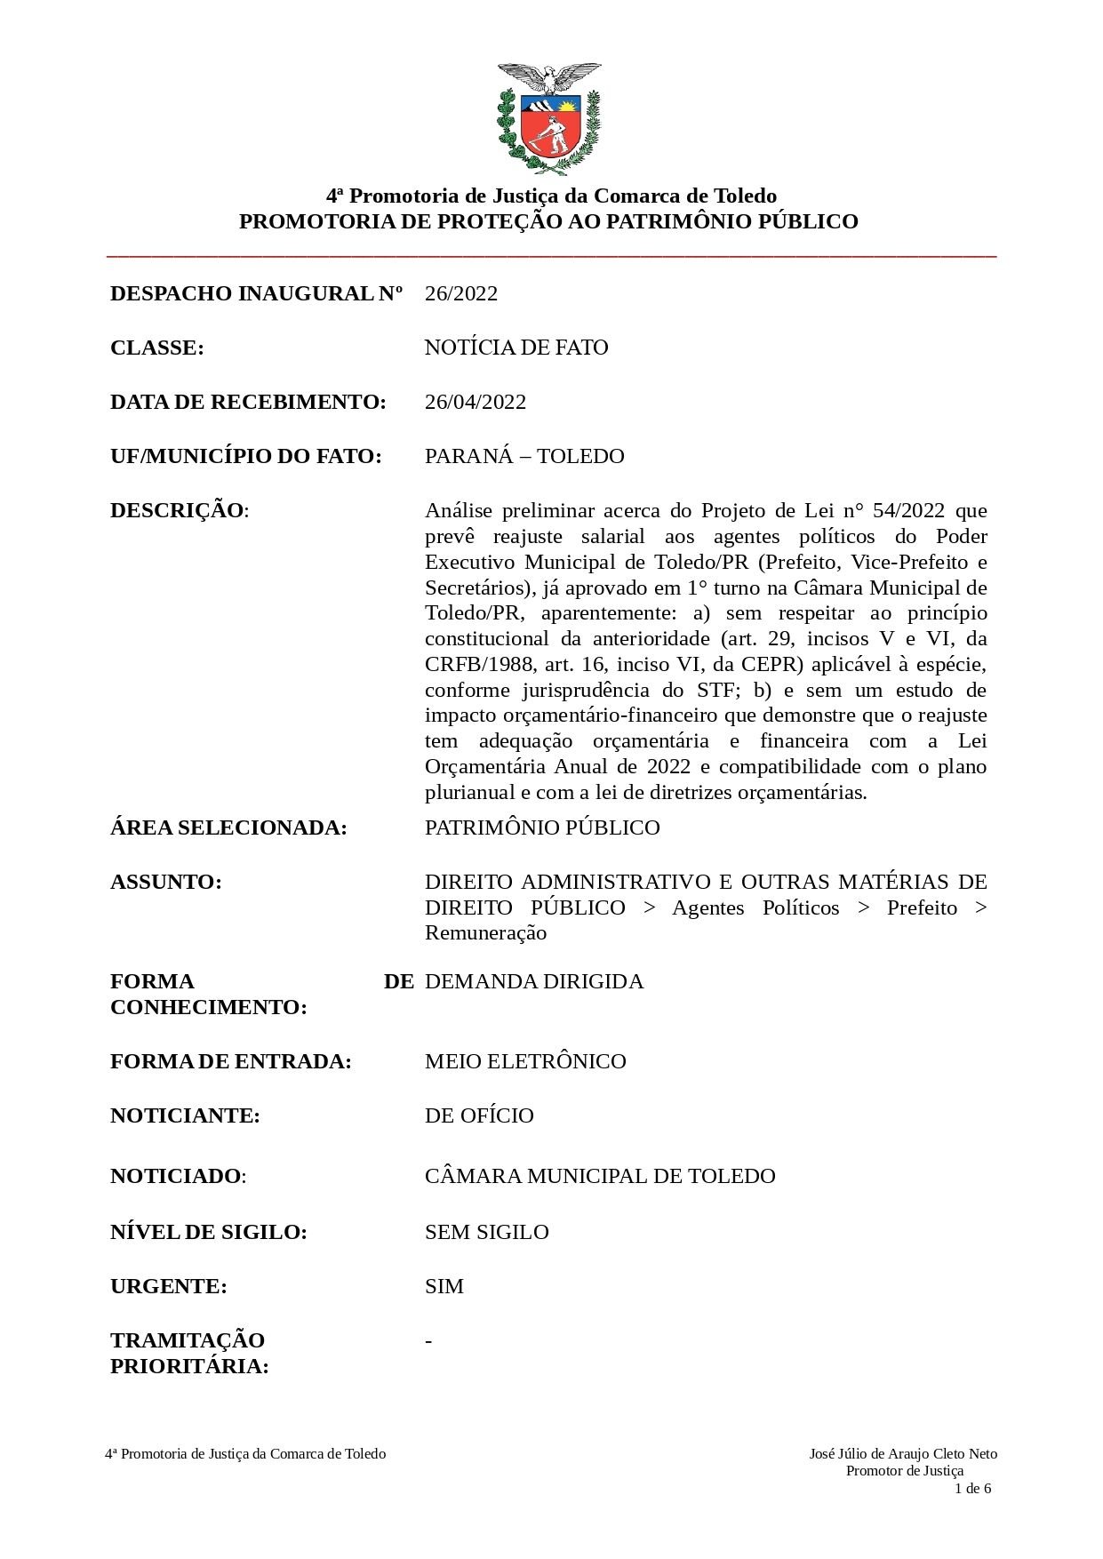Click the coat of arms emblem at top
(548, 119)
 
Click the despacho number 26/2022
(460, 293)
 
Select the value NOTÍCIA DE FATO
(516, 348)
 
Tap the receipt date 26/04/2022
(476, 402)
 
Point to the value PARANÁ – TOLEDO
(524, 456)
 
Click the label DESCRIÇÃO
(178, 510)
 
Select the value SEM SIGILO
(486, 1232)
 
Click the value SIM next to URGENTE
(444, 1286)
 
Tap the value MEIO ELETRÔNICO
(525, 1061)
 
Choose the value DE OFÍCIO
(479, 1115)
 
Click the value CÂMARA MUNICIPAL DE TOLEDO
(600, 1176)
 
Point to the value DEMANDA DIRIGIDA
(533, 981)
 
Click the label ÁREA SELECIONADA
(228, 827)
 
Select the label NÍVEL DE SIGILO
(209, 1232)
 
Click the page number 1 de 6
(972, 1489)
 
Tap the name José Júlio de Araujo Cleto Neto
(903, 1454)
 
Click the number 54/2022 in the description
(908, 510)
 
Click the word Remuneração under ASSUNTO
(485, 932)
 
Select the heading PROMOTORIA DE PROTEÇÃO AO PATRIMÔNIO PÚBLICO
(548, 221)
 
